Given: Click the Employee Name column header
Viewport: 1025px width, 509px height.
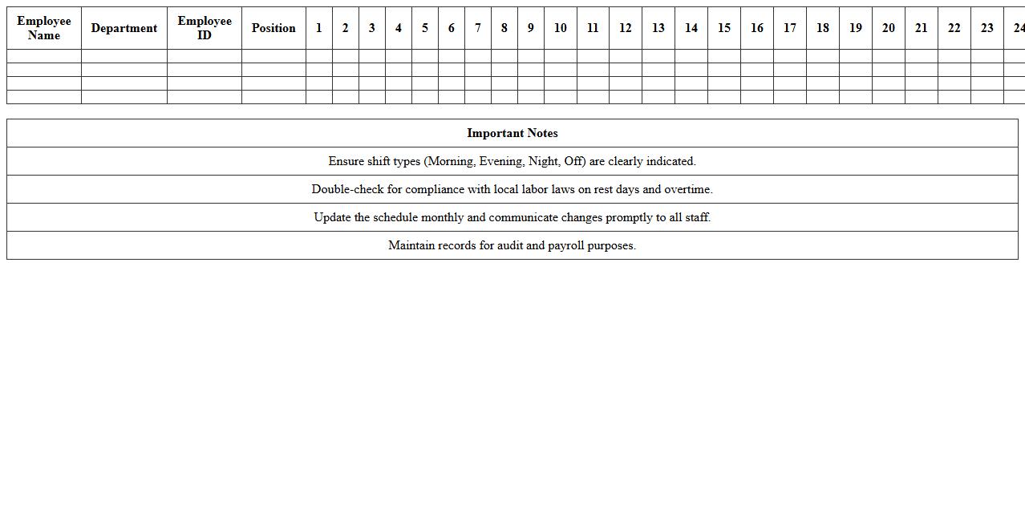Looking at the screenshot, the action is pos(44,28).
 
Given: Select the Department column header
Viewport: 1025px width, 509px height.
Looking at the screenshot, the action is pos(124,28).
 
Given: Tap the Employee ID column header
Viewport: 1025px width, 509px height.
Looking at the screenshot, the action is pos(205,28).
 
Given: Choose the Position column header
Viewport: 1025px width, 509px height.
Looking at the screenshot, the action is pos(273,28).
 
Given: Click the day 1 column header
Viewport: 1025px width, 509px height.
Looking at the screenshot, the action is pos(319,28).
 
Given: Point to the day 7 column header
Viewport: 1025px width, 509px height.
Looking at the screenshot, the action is pos(478,28).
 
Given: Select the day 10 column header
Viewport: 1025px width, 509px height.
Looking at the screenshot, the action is pos(561,28).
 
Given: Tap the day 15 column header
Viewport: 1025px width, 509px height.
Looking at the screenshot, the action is pos(724,28).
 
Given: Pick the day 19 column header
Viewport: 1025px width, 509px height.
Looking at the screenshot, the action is pos(856,28).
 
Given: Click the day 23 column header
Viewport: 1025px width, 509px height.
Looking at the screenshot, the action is pos(987,28).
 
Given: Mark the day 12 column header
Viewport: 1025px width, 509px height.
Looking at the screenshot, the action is pos(626,28).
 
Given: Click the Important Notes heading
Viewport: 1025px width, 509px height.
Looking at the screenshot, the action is pos(512,133).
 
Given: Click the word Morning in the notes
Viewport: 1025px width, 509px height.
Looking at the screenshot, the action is pos(450,161).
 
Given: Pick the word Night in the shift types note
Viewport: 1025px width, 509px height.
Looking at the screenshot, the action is pos(543,161).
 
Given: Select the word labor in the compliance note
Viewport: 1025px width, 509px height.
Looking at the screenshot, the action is pos(535,189).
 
